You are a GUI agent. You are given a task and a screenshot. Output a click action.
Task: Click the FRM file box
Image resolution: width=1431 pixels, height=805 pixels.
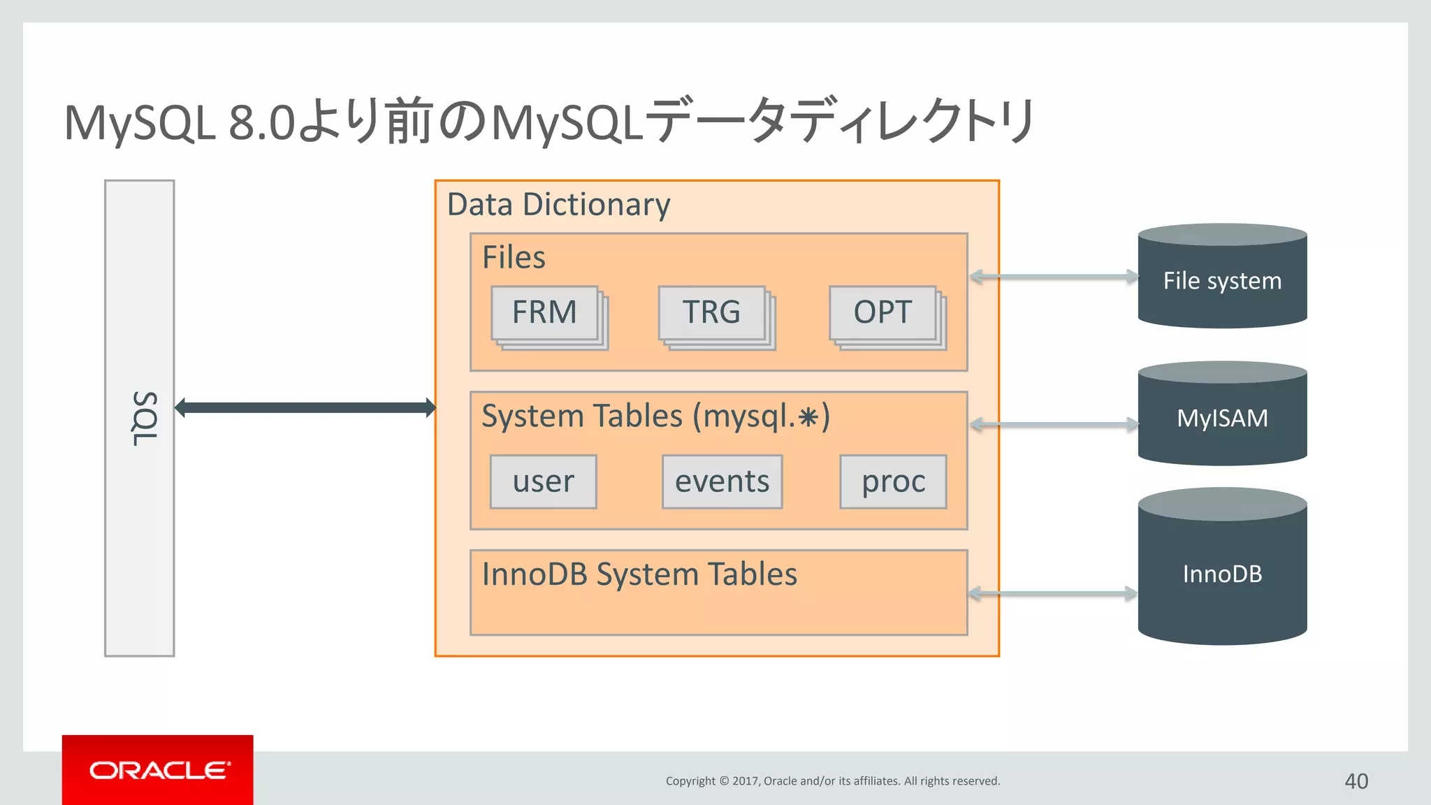coord(545,312)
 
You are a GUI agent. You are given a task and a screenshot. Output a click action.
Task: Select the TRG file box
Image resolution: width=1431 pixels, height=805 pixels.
coord(712,312)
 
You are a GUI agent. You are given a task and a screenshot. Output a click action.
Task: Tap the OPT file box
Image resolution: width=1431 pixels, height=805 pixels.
coord(882,312)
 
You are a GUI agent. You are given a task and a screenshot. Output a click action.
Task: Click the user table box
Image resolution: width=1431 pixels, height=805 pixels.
coord(543,481)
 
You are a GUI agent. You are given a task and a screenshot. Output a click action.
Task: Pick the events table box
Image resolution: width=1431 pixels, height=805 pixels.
coord(722,481)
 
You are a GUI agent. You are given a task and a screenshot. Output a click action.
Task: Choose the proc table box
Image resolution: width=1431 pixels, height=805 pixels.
coord(893,481)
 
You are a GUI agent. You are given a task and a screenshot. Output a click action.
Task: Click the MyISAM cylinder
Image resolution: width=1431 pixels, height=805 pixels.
coord(1222,418)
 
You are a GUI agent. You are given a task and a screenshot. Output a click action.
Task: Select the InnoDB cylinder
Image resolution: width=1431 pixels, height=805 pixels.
coord(1222,573)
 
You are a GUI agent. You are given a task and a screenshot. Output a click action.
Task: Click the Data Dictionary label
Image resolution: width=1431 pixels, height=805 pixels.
coord(558,205)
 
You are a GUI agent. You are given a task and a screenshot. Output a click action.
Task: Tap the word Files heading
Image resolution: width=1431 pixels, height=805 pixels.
coord(514,257)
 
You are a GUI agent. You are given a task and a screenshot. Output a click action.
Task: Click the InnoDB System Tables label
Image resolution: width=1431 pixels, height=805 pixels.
coord(639,574)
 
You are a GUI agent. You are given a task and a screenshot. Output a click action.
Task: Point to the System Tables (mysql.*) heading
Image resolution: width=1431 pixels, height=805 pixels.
coord(655,416)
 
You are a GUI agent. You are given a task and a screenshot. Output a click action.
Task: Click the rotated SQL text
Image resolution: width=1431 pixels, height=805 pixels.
coord(145,418)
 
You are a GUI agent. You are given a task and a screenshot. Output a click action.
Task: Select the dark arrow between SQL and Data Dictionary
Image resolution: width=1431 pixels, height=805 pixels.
coord(305,407)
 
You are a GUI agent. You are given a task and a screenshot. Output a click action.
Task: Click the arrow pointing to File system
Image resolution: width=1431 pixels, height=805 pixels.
coord(1054,277)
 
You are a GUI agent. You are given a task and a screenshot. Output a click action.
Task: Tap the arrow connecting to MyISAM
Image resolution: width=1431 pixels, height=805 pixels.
coord(1054,424)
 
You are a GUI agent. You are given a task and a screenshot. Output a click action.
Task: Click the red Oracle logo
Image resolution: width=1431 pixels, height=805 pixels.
coord(158,769)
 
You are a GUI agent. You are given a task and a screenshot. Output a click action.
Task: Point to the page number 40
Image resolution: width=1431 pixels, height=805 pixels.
coord(1356,781)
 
